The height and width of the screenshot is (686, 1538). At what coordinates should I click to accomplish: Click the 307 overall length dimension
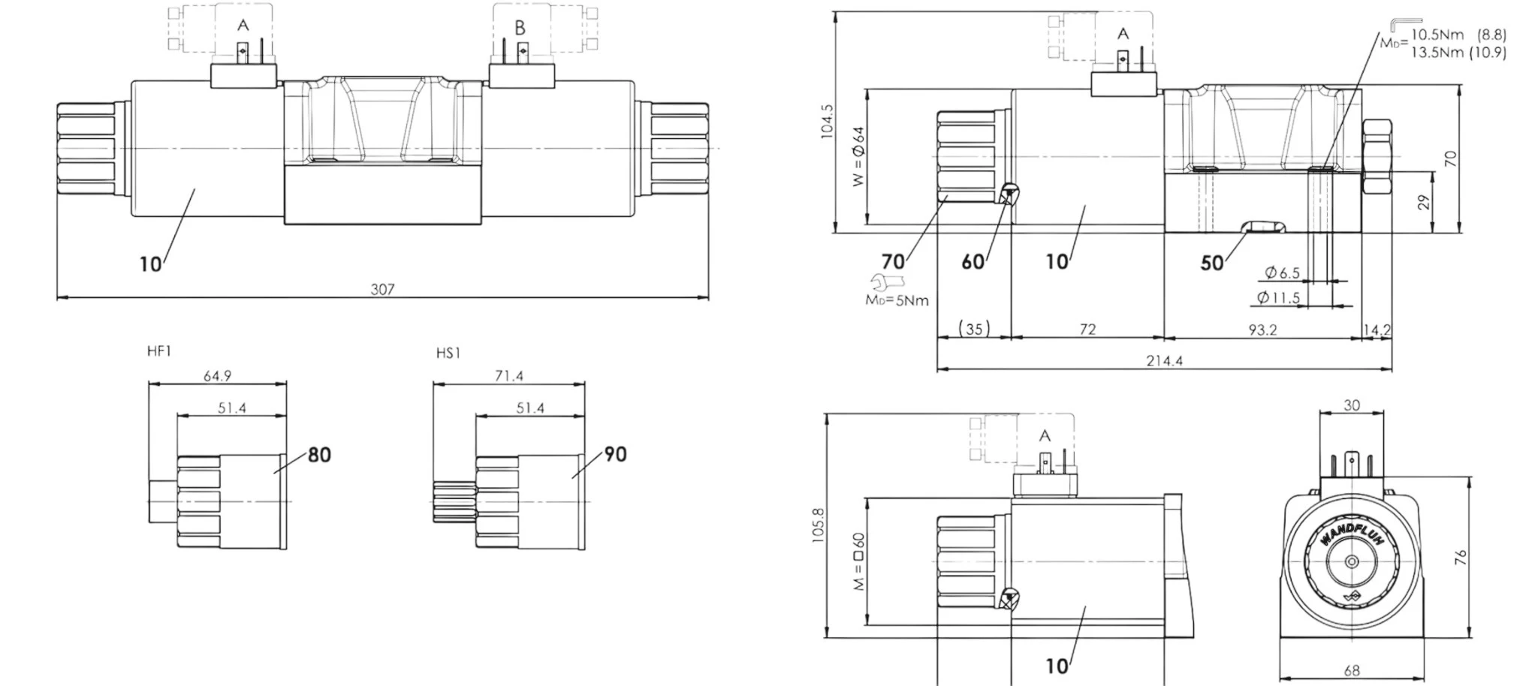pos(382,289)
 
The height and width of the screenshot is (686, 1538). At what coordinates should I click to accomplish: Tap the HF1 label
pos(159,351)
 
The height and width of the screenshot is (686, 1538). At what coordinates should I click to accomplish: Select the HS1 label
pos(448,353)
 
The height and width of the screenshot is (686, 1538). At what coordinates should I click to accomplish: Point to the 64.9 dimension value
pos(218,375)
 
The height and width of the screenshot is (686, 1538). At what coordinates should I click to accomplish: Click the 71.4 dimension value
pos(509,375)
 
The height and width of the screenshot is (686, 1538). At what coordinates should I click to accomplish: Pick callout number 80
pos(319,455)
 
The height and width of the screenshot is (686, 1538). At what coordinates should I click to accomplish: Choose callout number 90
pos(615,454)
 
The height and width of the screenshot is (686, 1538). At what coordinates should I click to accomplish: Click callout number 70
pos(893,261)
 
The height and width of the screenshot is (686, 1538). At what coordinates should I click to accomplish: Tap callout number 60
pos(973,261)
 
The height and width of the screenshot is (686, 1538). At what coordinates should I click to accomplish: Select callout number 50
pos(1212,263)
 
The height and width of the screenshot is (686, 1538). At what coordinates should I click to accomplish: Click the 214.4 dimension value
pos(1164,361)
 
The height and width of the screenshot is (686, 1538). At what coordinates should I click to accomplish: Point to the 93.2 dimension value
pos(1262,329)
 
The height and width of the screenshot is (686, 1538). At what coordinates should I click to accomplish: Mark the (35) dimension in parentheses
pos(974,329)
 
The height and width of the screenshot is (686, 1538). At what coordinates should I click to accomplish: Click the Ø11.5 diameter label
pos(1278,298)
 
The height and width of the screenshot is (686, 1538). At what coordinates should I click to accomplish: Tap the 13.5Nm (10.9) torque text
pos(1458,52)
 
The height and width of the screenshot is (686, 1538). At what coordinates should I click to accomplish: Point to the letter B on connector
pos(520,28)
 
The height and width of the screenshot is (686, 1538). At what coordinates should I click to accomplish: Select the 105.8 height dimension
pos(818,525)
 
